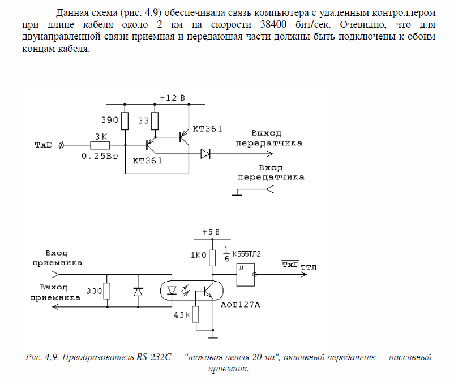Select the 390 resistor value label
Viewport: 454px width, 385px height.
coord(109,120)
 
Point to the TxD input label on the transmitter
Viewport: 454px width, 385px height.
coord(45,145)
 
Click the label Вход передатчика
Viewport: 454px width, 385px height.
coord(270,172)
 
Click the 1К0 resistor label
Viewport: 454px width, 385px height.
coord(198,255)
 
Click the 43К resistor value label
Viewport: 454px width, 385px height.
coord(182,314)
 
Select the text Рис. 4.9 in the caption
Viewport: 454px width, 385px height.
coord(44,357)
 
